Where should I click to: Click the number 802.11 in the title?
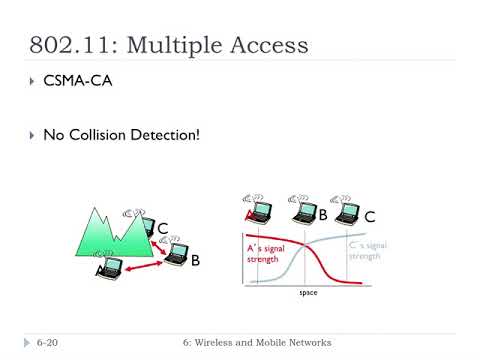pyautogui.click(x=71, y=45)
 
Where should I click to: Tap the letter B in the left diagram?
pyautogui.click(x=196, y=260)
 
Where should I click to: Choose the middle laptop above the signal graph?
pyautogui.click(x=302, y=211)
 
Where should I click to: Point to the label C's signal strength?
pyautogui.click(x=364, y=250)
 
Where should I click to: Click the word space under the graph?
pyautogui.click(x=309, y=293)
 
